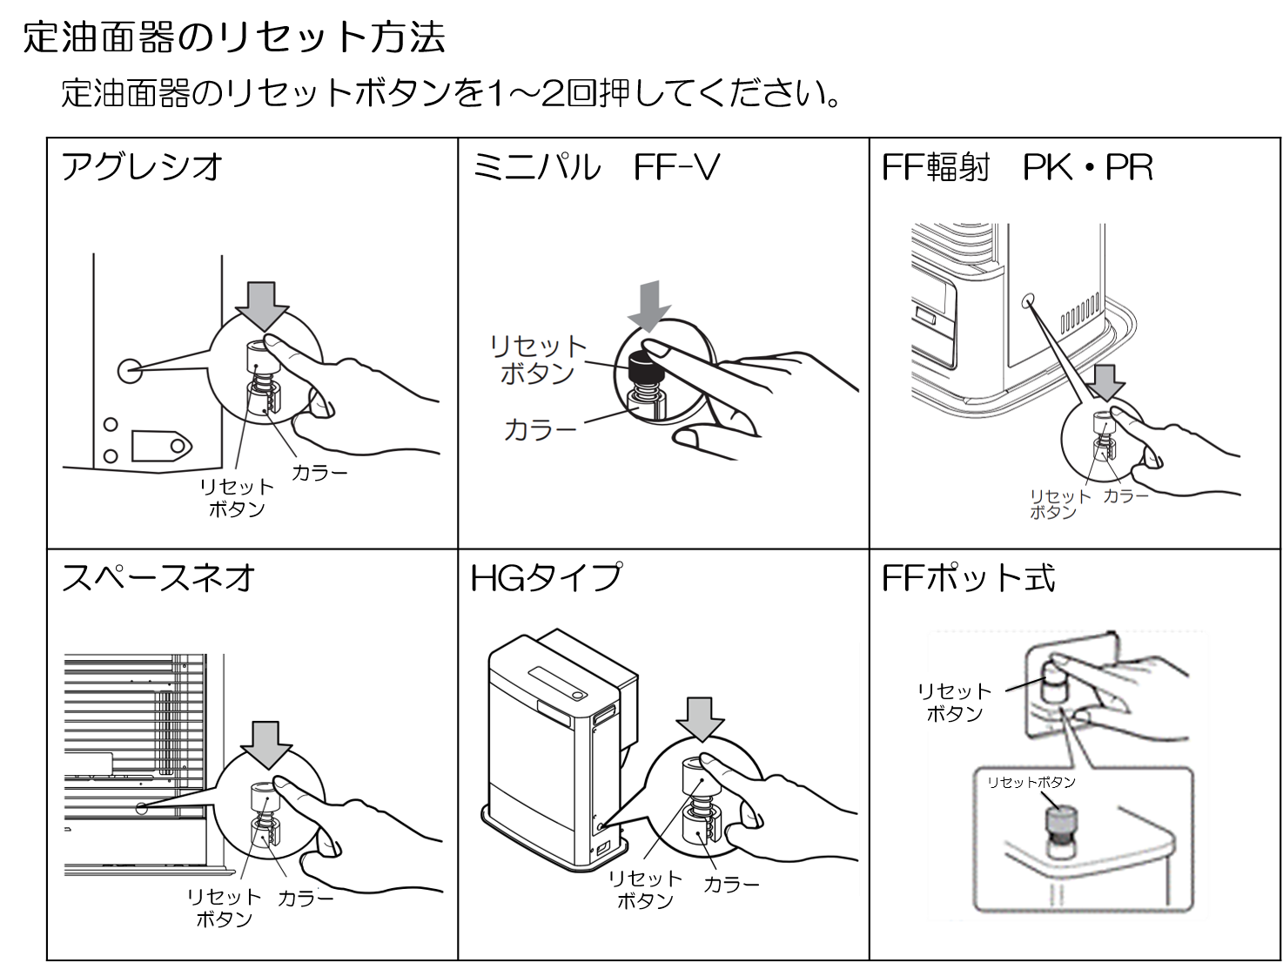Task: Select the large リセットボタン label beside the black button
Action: point(539,360)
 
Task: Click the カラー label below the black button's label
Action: point(540,429)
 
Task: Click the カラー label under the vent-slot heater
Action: point(1125,495)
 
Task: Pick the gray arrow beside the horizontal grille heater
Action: point(265,743)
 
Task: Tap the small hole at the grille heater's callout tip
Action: point(141,807)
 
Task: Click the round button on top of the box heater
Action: point(576,694)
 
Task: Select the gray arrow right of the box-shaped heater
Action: point(701,717)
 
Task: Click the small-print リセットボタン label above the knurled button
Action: point(1031,782)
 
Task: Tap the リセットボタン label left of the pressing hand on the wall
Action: point(954,702)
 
